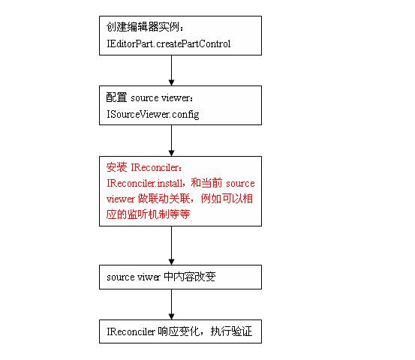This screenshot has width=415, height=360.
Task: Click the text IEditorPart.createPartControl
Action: point(169,44)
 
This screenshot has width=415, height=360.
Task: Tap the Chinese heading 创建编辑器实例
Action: point(143,27)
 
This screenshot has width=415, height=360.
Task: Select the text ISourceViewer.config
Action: point(152,115)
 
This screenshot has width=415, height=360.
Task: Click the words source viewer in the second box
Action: point(160,98)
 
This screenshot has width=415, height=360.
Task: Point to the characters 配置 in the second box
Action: point(116,97)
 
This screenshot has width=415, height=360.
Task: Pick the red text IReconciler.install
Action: point(145,183)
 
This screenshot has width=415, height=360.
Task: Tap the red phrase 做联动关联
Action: point(164,199)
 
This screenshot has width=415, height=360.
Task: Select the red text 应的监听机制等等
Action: point(149,214)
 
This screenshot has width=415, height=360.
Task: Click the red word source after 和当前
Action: point(240,184)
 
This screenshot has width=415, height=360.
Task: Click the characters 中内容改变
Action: point(190,277)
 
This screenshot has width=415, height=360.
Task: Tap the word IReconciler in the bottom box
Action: point(131,331)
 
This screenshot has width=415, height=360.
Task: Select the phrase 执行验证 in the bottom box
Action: point(231,331)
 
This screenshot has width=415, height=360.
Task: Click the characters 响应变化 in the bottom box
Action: point(179,331)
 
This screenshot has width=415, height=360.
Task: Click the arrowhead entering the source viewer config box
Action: point(172,82)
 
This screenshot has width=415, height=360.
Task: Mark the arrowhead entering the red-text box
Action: point(172,153)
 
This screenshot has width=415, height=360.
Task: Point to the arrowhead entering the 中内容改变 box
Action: point(172,262)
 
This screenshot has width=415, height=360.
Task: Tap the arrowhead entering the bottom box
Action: point(172,316)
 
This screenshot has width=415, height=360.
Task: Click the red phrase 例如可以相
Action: point(227,199)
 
